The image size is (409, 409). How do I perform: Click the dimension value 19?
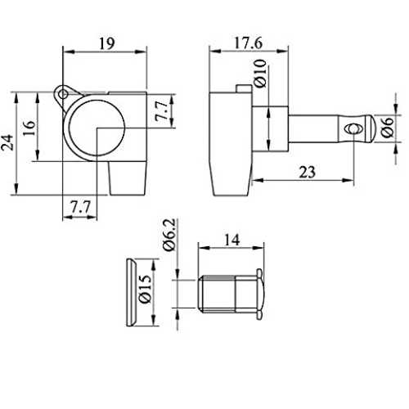pos(106,43)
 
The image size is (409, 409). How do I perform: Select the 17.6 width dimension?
pos(248,43)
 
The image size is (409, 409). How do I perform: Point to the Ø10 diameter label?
pos(260,74)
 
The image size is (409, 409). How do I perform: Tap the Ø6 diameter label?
pos(387,127)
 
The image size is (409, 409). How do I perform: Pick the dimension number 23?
pos(308,172)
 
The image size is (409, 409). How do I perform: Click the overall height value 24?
pos(7,142)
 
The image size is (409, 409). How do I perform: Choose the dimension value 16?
pos(29,128)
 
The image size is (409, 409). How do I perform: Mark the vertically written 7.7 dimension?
pos(161,111)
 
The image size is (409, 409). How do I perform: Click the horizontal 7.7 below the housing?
pos(80,207)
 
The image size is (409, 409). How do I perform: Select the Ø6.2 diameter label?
pos(169,235)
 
